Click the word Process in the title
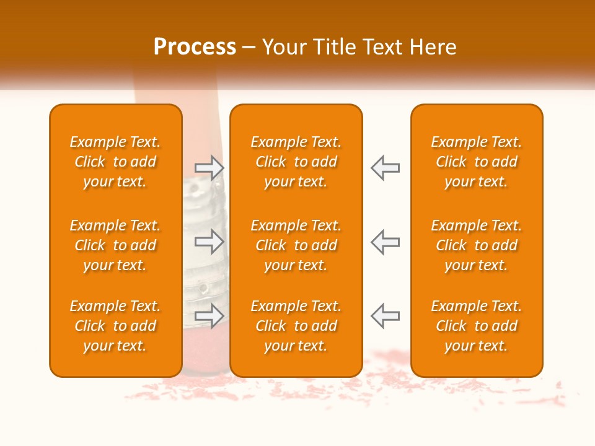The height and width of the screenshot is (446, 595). click(195, 47)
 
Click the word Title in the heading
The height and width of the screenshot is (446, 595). click(335, 47)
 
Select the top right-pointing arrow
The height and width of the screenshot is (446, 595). click(209, 168)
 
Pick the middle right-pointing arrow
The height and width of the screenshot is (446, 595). click(209, 242)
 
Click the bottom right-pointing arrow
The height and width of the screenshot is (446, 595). click(209, 316)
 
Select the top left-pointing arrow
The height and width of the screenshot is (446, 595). click(385, 168)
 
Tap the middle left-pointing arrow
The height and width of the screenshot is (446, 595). click(385, 242)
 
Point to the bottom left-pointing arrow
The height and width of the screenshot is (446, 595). click(385, 316)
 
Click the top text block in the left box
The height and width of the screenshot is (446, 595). click(115, 162)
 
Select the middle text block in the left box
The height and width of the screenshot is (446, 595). click(115, 245)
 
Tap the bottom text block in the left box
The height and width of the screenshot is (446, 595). click(115, 326)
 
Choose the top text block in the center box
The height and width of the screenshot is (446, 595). click(296, 162)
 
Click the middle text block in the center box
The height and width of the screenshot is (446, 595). click(296, 245)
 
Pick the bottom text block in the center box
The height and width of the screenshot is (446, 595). click(296, 326)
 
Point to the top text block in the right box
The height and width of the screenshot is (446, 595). click(477, 162)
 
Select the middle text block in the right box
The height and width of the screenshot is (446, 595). click(477, 245)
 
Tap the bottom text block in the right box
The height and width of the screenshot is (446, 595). click(477, 326)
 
